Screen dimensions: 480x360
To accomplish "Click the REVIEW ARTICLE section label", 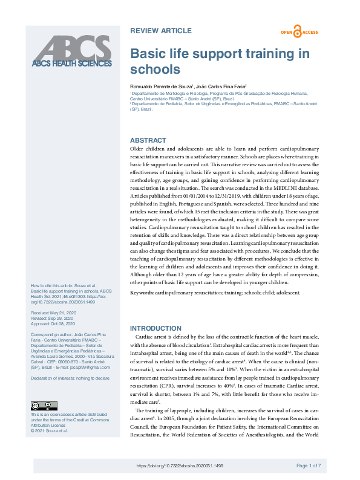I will [161, 30].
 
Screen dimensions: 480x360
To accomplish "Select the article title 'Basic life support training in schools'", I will [220, 60].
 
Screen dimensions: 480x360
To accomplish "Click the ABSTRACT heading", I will [148, 140].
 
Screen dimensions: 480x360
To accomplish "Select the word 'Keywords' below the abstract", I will [142, 293].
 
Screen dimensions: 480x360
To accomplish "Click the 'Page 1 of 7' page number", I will [309, 465].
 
